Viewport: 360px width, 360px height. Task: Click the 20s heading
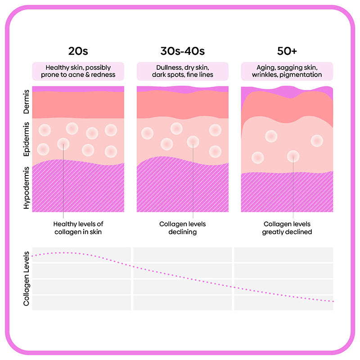(x=78, y=50)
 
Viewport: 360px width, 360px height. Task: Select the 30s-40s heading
(x=182, y=50)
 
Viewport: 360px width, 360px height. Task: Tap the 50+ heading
(x=287, y=50)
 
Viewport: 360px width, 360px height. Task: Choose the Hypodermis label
(x=27, y=188)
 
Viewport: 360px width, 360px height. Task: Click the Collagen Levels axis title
(x=27, y=279)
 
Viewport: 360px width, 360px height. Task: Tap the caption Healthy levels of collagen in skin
(x=78, y=228)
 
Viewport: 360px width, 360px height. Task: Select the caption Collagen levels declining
(x=182, y=228)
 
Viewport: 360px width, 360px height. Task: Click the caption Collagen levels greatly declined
(x=287, y=228)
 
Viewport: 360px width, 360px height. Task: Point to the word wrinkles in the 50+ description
(x=267, y=75)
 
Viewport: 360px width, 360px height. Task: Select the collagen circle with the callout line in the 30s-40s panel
(x=193, y=142)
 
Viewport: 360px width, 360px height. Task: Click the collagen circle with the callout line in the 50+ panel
(x=293, y=156)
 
